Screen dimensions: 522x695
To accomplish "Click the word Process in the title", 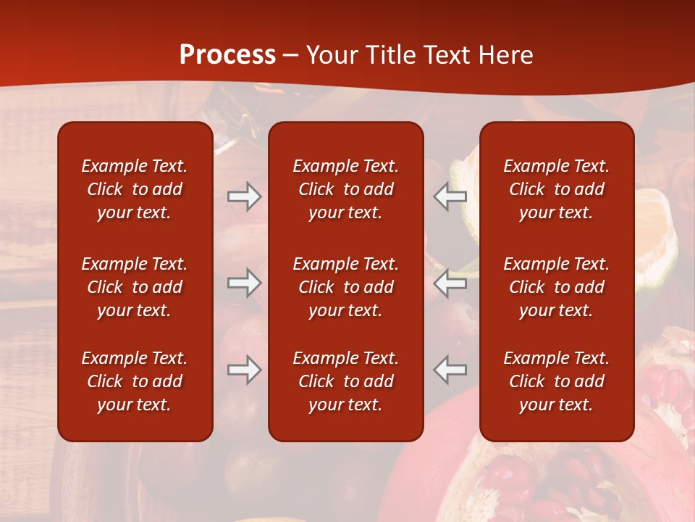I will [227, 55].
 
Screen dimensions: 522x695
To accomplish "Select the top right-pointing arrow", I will [244, 196].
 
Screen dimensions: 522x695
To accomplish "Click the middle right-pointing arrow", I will [244, 283].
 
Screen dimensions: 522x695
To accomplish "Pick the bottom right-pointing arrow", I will [244, 370].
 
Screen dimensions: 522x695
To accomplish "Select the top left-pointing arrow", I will [450, 196].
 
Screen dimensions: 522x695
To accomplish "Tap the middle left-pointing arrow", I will [450, 283].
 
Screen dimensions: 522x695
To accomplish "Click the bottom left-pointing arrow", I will [450, 370].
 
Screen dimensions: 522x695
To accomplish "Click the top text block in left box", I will [135, 189].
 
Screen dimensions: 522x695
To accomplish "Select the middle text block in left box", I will [135, 287].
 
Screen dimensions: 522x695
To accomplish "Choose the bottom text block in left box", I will [135, 381].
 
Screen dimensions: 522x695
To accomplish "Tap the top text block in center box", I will [345, 189].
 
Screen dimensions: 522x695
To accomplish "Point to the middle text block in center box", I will [345, 287].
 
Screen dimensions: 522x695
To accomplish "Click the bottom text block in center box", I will [345, 381].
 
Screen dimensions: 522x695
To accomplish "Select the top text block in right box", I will [556, 189].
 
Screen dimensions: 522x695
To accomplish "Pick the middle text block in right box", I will [556, 287].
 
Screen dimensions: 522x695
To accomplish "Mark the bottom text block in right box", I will [556, 381].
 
